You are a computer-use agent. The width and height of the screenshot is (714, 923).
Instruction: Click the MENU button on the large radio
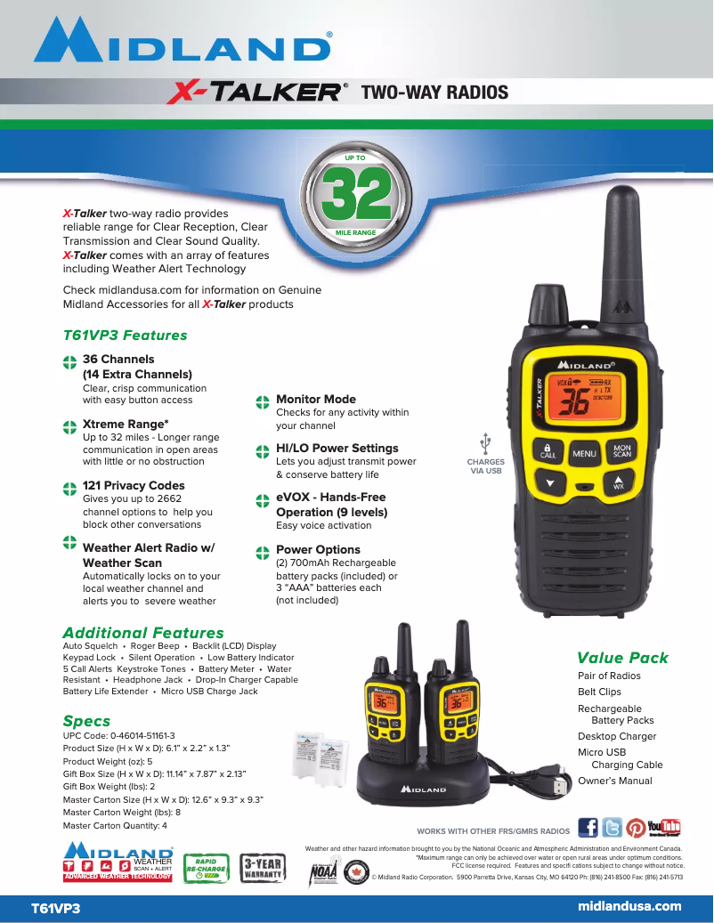click(x=584, y=453)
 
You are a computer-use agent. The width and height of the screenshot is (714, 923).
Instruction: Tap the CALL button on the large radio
click(x=548, y=451)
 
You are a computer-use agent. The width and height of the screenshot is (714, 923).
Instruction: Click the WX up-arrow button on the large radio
click(x=618, y=484)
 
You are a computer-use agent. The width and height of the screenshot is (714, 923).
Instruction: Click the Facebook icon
click(x=588, y=828)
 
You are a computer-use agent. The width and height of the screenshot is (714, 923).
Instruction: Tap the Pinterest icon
click(x=636, y=828)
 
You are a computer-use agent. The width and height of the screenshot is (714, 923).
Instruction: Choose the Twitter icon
click(x=612, y=828)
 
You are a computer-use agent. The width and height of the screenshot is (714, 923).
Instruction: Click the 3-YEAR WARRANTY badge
click(x=265, y=869)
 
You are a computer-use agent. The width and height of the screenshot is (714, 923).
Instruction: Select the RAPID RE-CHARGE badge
click(x=206, y=869)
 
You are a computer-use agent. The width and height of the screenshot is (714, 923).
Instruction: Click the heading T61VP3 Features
click(x=125, y=336)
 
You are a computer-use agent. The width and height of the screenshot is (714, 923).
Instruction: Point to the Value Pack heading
click(x=622, y=658)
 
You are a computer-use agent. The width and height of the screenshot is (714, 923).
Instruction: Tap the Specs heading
click(x=86, y=721)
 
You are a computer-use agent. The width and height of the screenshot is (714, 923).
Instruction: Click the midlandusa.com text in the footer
click(x=629, y=906)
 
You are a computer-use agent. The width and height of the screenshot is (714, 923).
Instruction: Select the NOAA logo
click(x=323, y=873)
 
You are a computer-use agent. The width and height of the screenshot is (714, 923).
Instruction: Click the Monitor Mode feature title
click(x=315, y=400)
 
